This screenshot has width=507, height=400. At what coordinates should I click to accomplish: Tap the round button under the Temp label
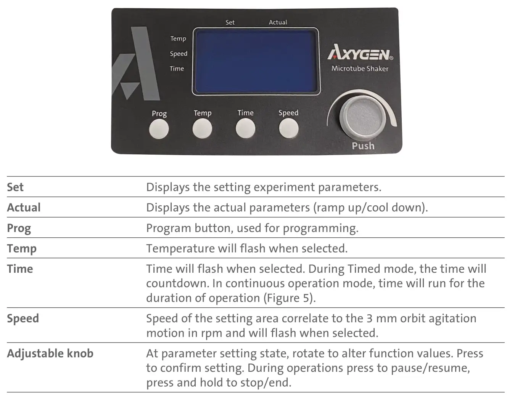[202, 128]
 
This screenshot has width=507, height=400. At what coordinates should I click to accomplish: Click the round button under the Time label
[245, 128]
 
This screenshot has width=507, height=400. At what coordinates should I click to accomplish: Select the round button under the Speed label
[289, 128]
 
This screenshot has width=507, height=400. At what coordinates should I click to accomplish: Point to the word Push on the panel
[363, 146]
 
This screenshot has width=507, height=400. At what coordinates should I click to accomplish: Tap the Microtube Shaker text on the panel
[360, 69]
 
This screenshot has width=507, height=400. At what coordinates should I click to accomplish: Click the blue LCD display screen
[255, 61]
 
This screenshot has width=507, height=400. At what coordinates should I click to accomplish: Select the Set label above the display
[230, 22]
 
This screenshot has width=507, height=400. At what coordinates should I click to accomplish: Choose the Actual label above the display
[278, 22]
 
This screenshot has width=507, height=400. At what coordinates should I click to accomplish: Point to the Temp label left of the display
[178, 39]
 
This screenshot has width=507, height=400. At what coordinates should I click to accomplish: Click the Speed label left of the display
[179, 54]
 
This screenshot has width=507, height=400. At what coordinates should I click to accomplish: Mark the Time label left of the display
[177, 69]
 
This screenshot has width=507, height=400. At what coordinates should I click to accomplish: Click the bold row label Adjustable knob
[50, 354]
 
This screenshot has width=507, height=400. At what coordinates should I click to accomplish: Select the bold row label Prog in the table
[19, 228]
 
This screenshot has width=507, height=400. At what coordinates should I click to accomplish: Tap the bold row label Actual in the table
[24, 208]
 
